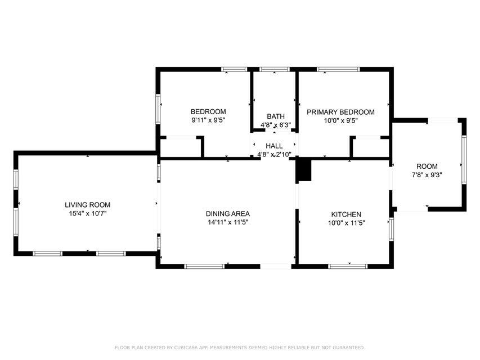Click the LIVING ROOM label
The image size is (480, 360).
[87, 205]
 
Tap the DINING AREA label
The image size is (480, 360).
[227, 214]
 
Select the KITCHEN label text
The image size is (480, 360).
[346, 215]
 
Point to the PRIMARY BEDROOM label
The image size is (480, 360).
[340, 112]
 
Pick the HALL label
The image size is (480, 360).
[274, 146]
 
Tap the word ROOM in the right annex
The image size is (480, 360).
[427, 166]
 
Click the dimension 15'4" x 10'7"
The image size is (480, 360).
[87, 214]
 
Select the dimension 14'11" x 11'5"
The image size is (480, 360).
[227, 222]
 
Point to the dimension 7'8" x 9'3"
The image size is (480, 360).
[427, 175]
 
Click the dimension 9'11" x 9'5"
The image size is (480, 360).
[208, 120]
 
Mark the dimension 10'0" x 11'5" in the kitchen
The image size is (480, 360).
[346, 223]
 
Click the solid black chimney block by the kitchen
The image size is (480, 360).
[304, 170]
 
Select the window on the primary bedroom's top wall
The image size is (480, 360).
[338, 69]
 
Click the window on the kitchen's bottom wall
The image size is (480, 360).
[348, 266]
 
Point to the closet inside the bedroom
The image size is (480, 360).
[181, 147]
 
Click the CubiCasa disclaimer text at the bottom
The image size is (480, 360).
[240, 348]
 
